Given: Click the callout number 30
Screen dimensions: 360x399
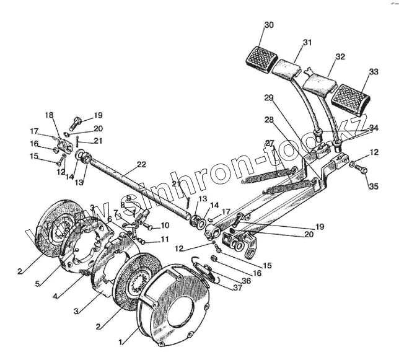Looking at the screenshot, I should click(268, 25).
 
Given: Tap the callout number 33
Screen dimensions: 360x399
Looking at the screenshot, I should click(373, 72).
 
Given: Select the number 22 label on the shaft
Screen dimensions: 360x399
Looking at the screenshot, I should click(141, 164).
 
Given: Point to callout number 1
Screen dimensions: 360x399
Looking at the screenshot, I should click(121, 340).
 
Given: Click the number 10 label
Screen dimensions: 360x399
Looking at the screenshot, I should click(164, 226).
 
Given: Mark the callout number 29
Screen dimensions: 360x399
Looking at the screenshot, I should click(269, 98).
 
